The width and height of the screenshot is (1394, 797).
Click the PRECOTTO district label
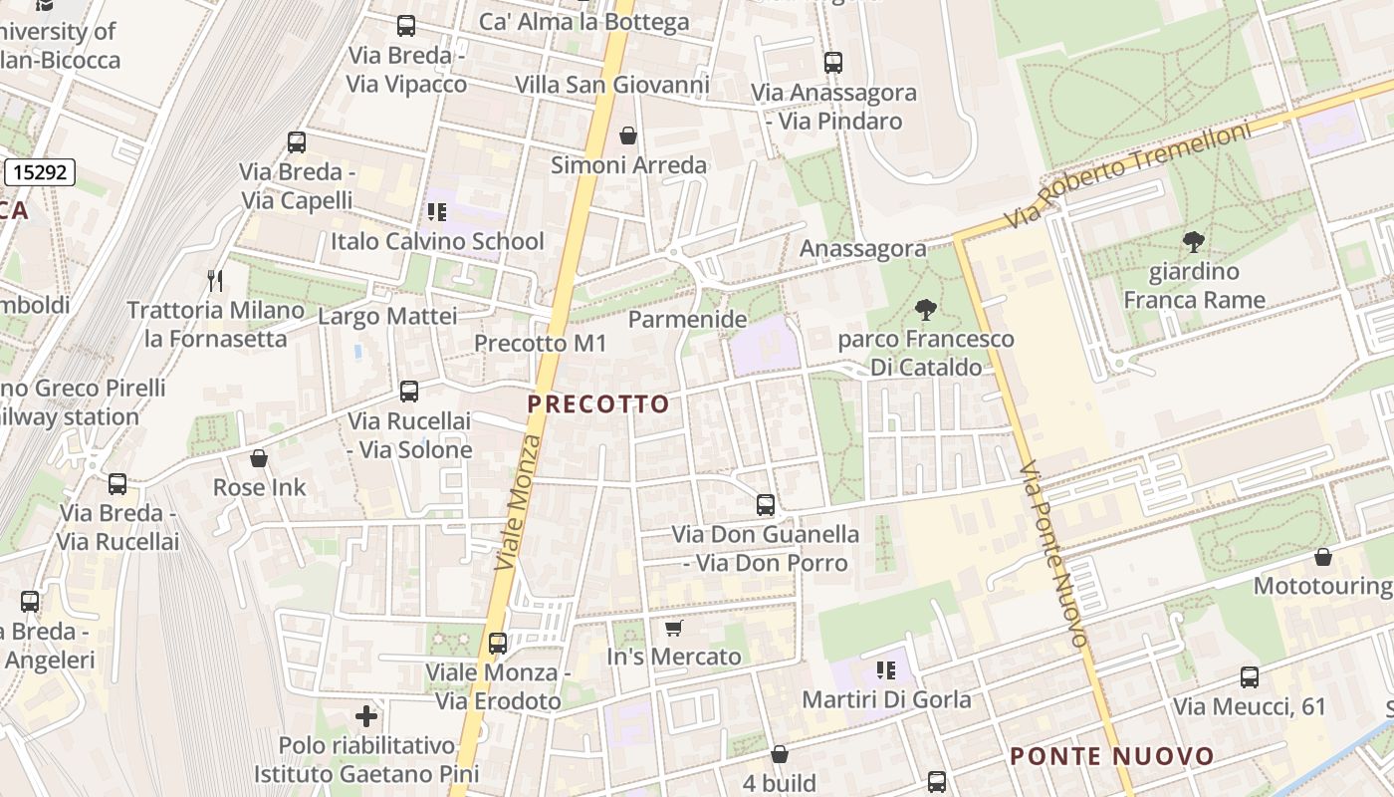pos(598,404)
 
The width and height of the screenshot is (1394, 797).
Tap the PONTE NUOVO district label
pos(1112,756)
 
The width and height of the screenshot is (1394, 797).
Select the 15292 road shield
pos(41,172)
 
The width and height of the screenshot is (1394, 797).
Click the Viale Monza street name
pos(519,503)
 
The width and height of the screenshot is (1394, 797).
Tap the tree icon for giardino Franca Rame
pos(1193,241)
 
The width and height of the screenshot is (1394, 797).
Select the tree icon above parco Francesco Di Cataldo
pos(926,309)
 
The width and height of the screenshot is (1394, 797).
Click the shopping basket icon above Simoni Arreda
pos(628,134)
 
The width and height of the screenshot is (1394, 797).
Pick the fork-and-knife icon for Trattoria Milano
pos(215,280)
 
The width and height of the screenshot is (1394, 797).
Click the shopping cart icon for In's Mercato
pos(674,628)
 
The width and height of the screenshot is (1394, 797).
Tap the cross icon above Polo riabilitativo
pos(366,715)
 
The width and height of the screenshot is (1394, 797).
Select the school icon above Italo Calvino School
pos(436,211)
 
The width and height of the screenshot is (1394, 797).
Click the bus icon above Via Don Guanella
pos(765,504)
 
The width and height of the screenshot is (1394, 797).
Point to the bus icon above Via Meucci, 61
pos(1250,677)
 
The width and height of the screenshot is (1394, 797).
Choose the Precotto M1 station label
pos(540,343)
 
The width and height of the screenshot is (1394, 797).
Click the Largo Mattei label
pos(387,317)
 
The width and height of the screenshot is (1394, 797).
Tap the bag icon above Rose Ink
pos(259,458)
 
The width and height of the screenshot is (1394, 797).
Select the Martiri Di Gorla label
pos(886,699)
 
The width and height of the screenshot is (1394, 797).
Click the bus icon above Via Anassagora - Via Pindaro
pos(833,63)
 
